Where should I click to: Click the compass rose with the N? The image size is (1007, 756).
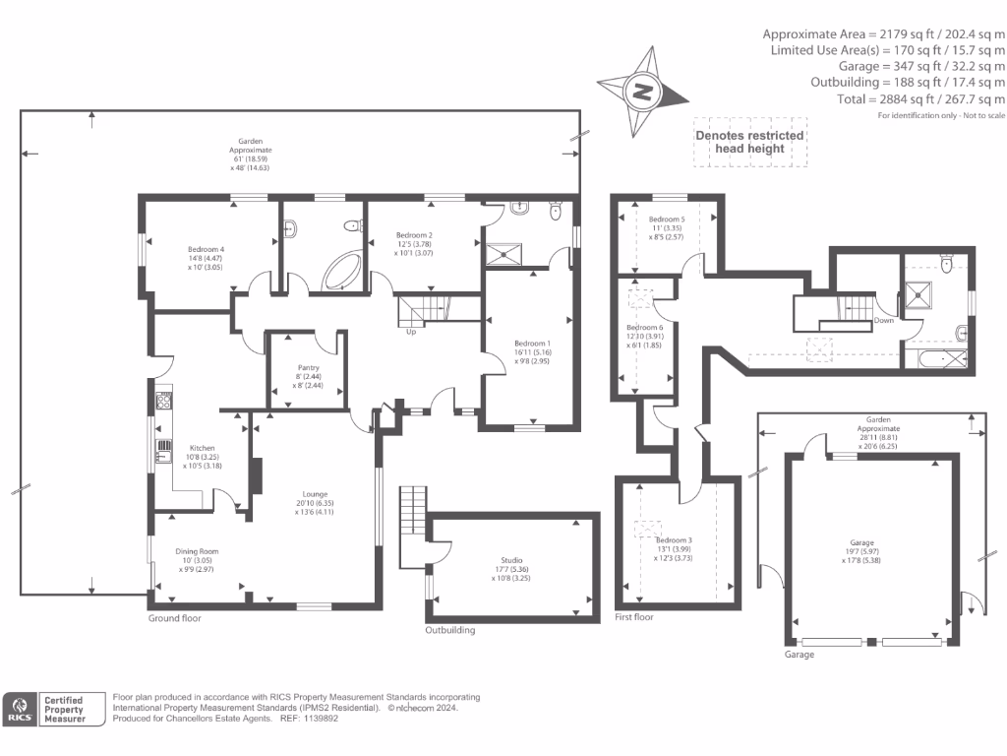click(x=644, y=93)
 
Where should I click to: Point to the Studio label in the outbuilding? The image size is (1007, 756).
click(x=510, y=559)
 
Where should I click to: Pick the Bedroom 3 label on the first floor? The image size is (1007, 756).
click(x=675, y=540)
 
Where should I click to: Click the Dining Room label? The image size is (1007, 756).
click(x=197, y=551)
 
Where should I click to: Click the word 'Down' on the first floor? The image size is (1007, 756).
click(x=884, y=321)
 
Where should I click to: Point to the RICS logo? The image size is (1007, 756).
click(x=19, y=710)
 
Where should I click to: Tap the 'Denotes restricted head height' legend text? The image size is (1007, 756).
click(x=749, y=142)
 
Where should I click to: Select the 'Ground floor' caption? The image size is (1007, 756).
click(x=174, y=618)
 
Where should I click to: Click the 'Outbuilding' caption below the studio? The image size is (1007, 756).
click(x=449, y=630)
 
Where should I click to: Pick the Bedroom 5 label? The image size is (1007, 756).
click(x=666, y=220)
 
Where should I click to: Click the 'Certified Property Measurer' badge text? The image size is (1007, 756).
click(x=63, y=710)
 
